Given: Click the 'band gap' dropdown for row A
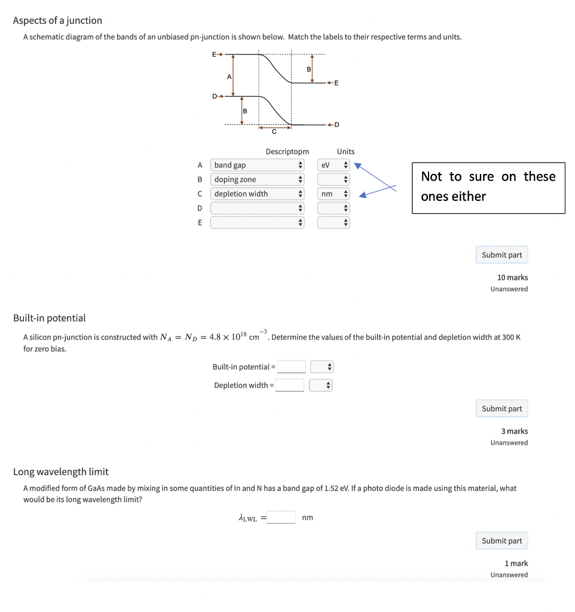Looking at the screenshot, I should point(258,165).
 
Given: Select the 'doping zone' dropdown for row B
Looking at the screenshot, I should point(258,179).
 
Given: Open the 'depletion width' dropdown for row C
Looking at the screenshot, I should point(258,194).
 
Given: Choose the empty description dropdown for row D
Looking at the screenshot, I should point(258,208).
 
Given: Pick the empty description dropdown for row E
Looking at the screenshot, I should point(258,222).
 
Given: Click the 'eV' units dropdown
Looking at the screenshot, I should point(334,165).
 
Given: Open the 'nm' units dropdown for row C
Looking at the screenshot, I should point(334,194).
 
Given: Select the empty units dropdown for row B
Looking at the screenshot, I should point(334,179).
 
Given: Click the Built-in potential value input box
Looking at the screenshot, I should point(291,366).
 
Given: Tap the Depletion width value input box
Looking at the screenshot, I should point(290,385).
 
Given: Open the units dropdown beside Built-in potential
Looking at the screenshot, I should point(321,366).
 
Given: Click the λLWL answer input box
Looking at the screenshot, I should point(281,517).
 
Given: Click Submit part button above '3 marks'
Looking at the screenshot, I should point(501,409).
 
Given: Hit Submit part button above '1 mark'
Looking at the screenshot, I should point(501,541).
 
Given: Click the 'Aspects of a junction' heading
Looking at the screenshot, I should point(57,20).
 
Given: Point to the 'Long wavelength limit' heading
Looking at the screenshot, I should point(60,472).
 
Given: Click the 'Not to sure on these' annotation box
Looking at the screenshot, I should point(488,187).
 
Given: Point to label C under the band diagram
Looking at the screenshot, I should point(274,131).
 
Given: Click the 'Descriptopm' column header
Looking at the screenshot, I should point(287,152).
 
